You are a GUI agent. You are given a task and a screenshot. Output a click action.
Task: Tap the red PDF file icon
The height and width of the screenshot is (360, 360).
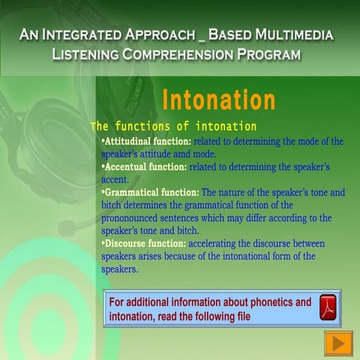[x=328, y=307]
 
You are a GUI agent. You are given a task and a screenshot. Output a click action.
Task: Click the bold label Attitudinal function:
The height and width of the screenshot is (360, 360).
[x=145, y=141]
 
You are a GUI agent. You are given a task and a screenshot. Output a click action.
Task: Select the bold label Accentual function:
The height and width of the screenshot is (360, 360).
[x=144, y=166]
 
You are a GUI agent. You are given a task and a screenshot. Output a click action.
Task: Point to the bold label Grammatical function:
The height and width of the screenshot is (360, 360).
[x=150, y=192]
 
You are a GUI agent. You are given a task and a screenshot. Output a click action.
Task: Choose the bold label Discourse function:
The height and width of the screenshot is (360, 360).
[x=144, y=244]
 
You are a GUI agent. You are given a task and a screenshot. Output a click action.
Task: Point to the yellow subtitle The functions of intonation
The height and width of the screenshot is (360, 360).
[x=173, y=126]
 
